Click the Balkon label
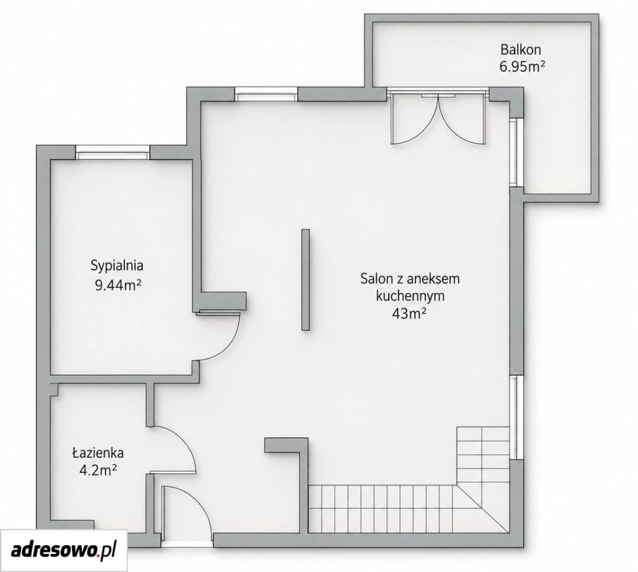pyautogui.click(x=521, y=49)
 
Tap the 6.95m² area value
pyautogui.click(x=522, y=66)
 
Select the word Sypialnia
pyautogui.click(x=117, y=266)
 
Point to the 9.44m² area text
pyautogui.click(x=117, y=285)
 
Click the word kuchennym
pyautogui.click(x=410, y=296)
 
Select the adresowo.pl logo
pyautogui.click(x=64, y=551)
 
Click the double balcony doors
pyautogui.click(x=438, y=117)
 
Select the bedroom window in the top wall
pyautogui.click(x=113, y=153)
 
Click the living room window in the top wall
pyautogui.click(x=266, y=95)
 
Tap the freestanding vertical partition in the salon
pyautogui.click(x=306, y=279)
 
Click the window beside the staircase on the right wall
pyautogui.click(x=516, y=417)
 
